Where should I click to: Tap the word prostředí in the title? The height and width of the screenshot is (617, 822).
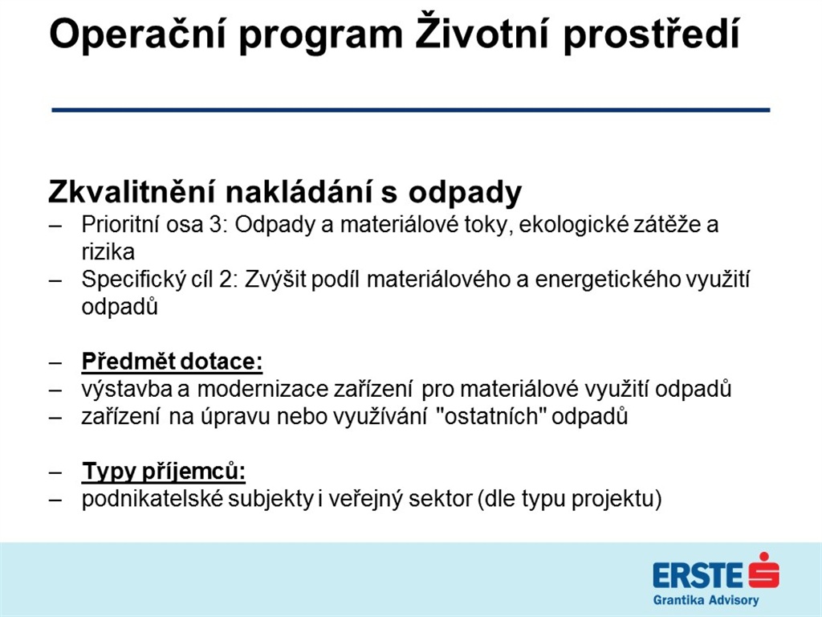pos(651,35)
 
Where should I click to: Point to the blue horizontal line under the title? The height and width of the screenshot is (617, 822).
pos(411,110)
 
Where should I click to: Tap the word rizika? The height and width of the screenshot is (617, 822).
pos(108,252)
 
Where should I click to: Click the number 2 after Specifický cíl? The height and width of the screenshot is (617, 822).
pos(225,280)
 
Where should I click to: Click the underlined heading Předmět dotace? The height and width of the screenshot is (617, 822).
pos(172,362)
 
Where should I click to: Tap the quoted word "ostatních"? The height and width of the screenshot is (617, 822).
pos(488,416)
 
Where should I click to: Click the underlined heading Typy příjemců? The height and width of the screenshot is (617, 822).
pos(164,472)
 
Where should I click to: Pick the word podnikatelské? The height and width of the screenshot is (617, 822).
pos(153,498)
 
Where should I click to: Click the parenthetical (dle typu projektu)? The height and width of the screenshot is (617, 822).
pos(569,499)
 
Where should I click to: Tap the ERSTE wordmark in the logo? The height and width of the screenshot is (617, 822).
pos(698,575)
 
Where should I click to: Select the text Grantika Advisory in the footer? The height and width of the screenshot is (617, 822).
pos(706,599)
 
